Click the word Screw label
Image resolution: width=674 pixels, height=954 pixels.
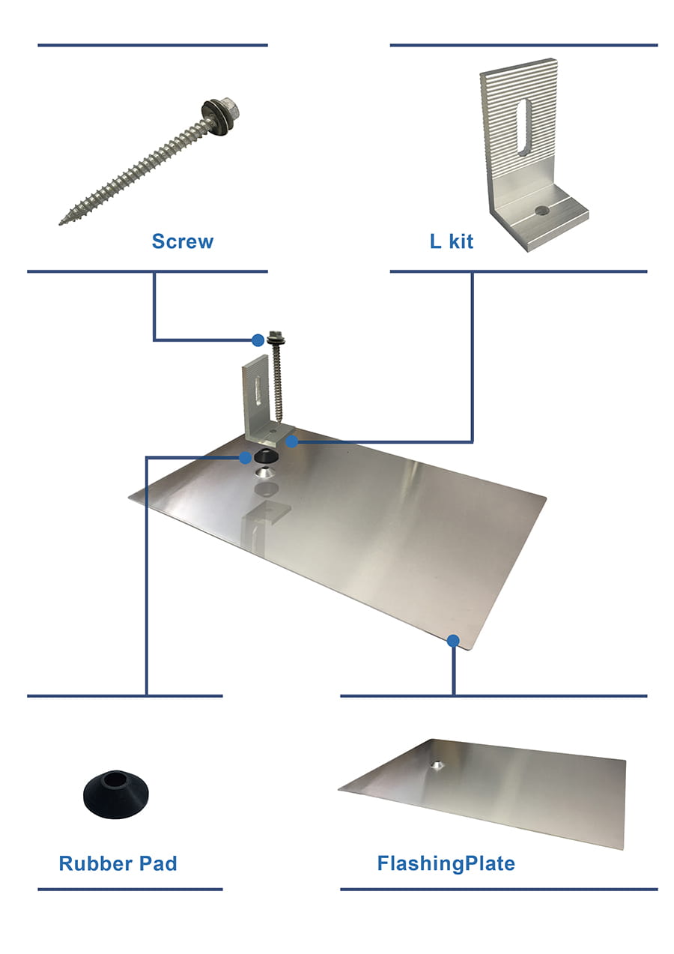coord(183,241)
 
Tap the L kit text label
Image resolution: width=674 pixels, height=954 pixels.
coord(452,241)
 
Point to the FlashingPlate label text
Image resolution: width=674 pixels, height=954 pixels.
coord(446,864)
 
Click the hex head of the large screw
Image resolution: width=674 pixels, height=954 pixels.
coord(229,107)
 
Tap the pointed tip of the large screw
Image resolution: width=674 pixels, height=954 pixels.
coord(61,223)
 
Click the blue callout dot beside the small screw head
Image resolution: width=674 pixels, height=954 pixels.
coord(258,340)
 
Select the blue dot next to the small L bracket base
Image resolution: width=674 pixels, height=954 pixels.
coord(291,441)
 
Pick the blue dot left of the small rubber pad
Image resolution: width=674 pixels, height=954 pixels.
coord(245,458)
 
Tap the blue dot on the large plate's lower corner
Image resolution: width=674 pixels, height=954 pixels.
coord(453,640)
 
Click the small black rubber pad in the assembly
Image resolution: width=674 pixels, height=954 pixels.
coord(266,457)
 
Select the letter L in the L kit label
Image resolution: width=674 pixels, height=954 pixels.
coord(435,241)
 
